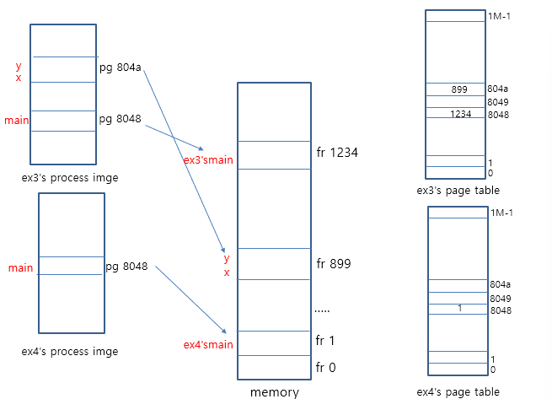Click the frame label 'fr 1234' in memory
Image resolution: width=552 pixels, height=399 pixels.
(x=337, y=153)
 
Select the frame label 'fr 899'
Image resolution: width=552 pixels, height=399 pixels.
(x=333, y=264)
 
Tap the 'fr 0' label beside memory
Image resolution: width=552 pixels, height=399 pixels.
(x=325, y=367)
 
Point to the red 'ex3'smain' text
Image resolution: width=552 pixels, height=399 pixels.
(x=208, y=159)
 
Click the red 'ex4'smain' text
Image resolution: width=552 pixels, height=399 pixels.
(x=208, y=344)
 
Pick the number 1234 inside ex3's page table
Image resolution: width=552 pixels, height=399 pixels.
(x=460, y=114)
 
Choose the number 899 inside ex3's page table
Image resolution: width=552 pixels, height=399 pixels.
(x=459, y=89)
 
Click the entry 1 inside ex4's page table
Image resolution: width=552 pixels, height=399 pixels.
(x=460, y=309)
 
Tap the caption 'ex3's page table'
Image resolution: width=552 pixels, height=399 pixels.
(x=458, y=191)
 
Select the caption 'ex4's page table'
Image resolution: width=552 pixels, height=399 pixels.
(x=458, y=391)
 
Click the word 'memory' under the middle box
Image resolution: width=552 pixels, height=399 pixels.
(x=274, y=391)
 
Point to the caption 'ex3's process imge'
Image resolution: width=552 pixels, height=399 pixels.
(x=70, y=178)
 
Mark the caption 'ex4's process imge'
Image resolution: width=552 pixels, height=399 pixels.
(x=69, y=351)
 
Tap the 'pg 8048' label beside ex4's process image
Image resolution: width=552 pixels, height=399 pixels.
(x=126, y=267)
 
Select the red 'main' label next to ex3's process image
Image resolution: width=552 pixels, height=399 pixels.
(x=17, y=121)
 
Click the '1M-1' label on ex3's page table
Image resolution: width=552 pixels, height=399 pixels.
(x=499, y=17)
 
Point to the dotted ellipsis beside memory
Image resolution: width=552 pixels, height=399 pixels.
(x=322, y=310)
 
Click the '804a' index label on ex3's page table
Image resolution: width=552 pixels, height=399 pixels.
(x=497, y=89)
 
